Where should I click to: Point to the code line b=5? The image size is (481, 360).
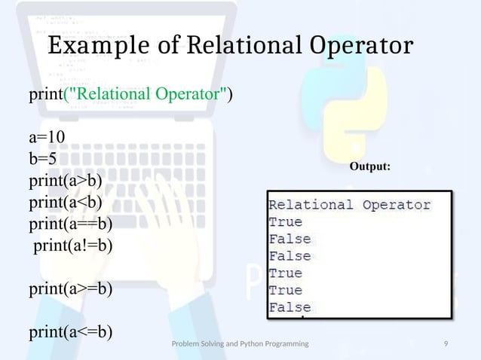43,159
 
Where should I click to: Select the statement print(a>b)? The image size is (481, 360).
66,181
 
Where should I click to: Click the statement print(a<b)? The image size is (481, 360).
66,202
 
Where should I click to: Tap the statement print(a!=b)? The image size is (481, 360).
72,245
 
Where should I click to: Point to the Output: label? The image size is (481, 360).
369,166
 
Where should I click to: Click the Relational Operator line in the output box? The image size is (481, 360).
350,205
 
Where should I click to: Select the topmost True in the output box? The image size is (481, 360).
286,222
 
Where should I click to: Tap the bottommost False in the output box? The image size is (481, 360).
290,307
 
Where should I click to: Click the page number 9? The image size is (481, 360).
447,344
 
